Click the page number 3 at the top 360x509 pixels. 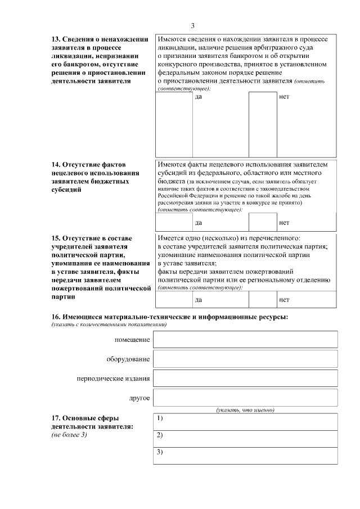(x=192, y=26)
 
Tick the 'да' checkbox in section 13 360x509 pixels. (x=174, y=123)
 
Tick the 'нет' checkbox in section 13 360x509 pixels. (x=263, y=123)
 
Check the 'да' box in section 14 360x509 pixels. (x=174, y=222)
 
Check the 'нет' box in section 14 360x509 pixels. (x=263, y=222)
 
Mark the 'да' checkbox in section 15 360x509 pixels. (x=174, y=299)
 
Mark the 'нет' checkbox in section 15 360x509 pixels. (x=263, y=299)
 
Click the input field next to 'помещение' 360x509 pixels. (x=245, y=340)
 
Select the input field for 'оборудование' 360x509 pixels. (x=245, y=359)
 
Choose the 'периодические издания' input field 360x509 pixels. (x=245, y=379)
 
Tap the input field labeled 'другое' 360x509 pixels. (x=245, y=398)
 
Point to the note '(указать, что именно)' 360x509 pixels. (x=245, y=410)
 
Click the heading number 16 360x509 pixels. (x=56, y=318)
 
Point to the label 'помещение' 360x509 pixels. (x=132, y=340)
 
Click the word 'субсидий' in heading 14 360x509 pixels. (x=66, y=190)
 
